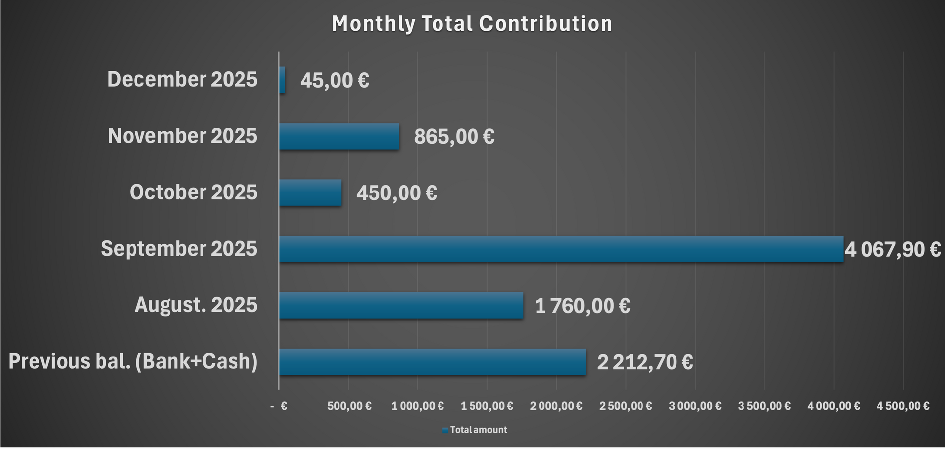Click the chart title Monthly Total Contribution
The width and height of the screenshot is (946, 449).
point(472,24)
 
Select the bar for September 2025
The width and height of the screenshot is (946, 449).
point(561,249)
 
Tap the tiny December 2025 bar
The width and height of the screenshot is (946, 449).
point(282,80)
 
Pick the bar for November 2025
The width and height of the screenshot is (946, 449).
point(339,136)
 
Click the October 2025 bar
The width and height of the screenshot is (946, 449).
point(310,192)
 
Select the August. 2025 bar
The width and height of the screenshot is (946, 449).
point(401,305)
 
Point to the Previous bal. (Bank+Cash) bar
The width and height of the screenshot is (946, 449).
point(433,362)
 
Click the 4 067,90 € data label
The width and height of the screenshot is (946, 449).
point(892,250)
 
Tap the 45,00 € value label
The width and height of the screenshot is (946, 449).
point(334,80)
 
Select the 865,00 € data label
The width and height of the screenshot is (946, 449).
point(454,136)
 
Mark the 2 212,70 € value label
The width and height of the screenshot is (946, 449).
point(644,362)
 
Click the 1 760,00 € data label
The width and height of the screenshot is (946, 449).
point(582,306)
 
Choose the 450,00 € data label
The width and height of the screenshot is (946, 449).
point(396,193)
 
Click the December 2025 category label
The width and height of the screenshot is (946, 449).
point(182,79)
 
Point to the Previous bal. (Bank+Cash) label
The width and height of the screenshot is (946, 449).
point(133,361)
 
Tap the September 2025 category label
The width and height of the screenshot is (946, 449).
point(179,249)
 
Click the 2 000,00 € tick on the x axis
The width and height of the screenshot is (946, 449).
point(556,406)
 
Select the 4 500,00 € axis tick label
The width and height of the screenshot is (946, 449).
point(903,406)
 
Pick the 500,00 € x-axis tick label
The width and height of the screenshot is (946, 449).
point(349,406)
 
